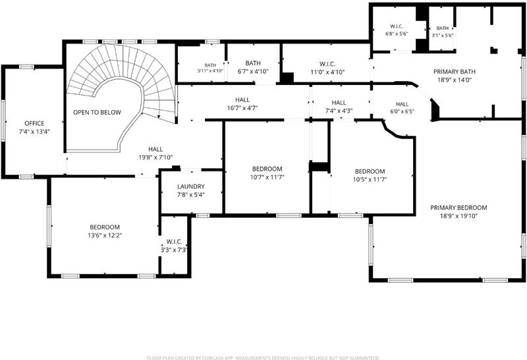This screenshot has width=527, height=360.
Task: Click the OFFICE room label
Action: [34, 123]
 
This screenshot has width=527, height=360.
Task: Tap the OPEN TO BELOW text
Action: [97, 112]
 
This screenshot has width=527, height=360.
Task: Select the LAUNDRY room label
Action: [191, 187]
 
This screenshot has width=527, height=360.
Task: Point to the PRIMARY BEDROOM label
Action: [458, 208]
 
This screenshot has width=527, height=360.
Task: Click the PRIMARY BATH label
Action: [455, 72]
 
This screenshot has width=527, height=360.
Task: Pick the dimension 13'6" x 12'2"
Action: [105, 235]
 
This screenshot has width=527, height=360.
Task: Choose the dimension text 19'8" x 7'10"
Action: [155, 157]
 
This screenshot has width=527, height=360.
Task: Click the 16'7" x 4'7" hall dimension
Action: [242, 108]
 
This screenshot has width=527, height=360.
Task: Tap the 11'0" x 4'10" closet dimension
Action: [327, 72]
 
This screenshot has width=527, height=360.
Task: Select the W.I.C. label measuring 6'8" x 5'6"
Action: [397, 26]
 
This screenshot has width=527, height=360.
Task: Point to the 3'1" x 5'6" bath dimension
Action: [443, 35]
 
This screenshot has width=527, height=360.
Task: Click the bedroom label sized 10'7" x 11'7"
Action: [267, 169]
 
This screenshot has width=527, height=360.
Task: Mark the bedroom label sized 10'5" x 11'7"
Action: [370, 171]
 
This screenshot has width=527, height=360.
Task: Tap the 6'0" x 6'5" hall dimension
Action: [402, 111]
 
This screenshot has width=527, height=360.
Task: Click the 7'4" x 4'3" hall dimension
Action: [339, 110]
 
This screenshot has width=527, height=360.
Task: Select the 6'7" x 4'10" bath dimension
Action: [253, 71]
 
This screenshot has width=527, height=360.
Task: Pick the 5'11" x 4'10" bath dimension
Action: [210, 71]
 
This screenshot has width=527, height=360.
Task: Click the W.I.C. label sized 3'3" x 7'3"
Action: [174, 241]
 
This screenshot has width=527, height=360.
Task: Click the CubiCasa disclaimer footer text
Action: [263, 357]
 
